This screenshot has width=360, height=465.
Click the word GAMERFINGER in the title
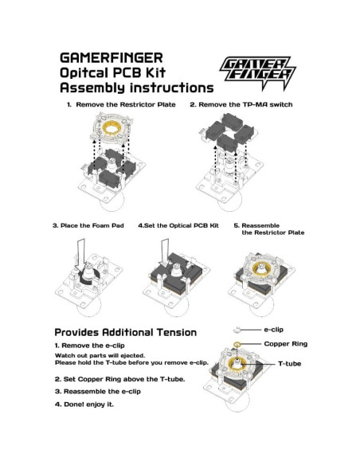[x=112, y=59]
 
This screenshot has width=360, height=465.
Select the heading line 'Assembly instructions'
[x=136, y=88]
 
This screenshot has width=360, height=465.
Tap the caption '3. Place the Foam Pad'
[x=88, y=225]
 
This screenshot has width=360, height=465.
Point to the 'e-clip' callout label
[x=274, y=328]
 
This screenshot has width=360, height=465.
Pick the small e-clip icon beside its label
[x=237, y=329]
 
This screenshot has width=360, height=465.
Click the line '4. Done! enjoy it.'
[x=84, y=404]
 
